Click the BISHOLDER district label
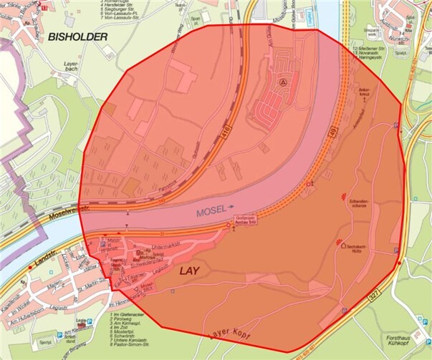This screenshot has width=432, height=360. pos(78,36)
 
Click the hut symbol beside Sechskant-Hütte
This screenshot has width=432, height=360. pos(343,245)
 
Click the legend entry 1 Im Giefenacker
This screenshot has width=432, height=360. pos(130,314)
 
